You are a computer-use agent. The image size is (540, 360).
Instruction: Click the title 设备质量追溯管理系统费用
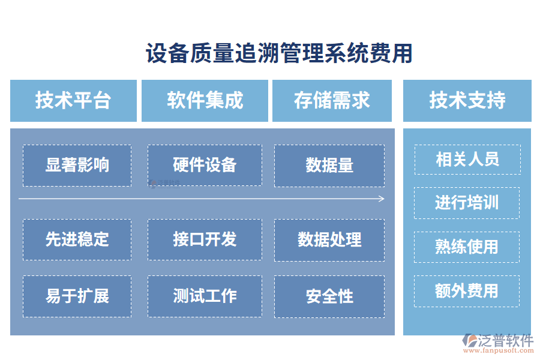click(279, 53)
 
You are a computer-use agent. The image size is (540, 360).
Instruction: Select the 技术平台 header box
click(73, 100)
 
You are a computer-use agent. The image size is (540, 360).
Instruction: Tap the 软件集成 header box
click(205, 100)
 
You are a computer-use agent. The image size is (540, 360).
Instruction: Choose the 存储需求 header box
click(332, 100)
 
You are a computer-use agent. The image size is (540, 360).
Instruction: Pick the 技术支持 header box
click(467, 100)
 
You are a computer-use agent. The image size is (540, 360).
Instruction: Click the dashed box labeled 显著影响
click(77, 165)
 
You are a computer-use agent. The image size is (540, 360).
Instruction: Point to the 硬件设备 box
click(205, 165)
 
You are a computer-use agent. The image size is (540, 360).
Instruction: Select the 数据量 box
click(329, 165)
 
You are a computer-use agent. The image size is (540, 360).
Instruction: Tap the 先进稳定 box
click(77, 239)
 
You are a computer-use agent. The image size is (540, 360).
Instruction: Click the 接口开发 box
click(205, 239)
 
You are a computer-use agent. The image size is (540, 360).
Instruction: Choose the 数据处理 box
click(329, 239)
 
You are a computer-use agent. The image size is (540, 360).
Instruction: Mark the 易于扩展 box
click(77, 296)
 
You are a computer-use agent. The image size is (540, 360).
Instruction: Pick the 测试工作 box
click(205, 296)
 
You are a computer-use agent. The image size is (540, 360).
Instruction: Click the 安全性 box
click(329, 296)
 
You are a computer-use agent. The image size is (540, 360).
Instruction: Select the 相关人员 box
click(467, 159)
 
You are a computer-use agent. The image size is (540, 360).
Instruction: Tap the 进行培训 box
click(467, 203)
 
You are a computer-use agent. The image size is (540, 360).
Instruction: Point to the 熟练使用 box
click(467, 247)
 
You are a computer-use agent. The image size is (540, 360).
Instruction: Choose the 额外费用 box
click(467, 291)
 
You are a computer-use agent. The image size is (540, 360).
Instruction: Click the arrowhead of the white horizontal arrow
click(382, 199)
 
